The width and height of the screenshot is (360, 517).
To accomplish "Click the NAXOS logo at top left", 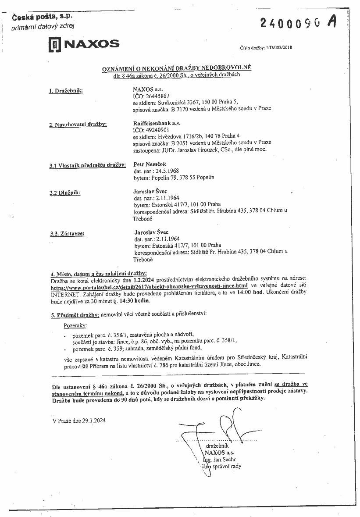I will (x=83, y=44).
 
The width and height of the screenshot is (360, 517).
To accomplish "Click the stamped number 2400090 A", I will (x=298, y=23).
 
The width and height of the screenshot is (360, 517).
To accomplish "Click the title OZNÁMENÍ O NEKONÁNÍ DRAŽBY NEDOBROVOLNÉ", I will (x=177, y=68).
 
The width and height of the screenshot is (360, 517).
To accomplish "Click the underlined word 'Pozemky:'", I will (x=75, y=326).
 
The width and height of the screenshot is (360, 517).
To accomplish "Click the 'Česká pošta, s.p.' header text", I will (x=41, y=17).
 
